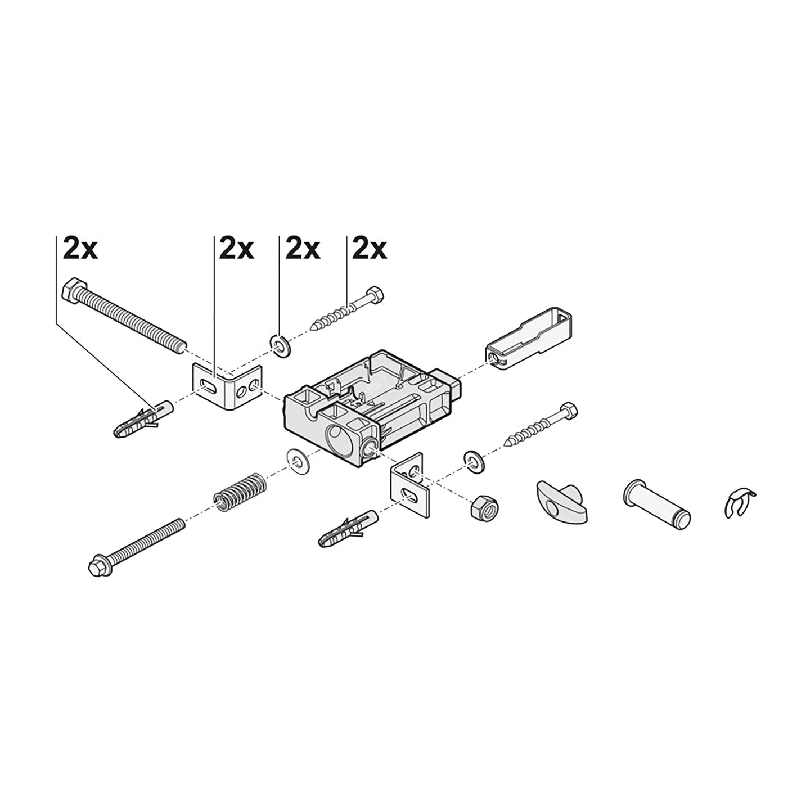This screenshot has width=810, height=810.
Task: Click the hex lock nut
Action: [483, 508]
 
